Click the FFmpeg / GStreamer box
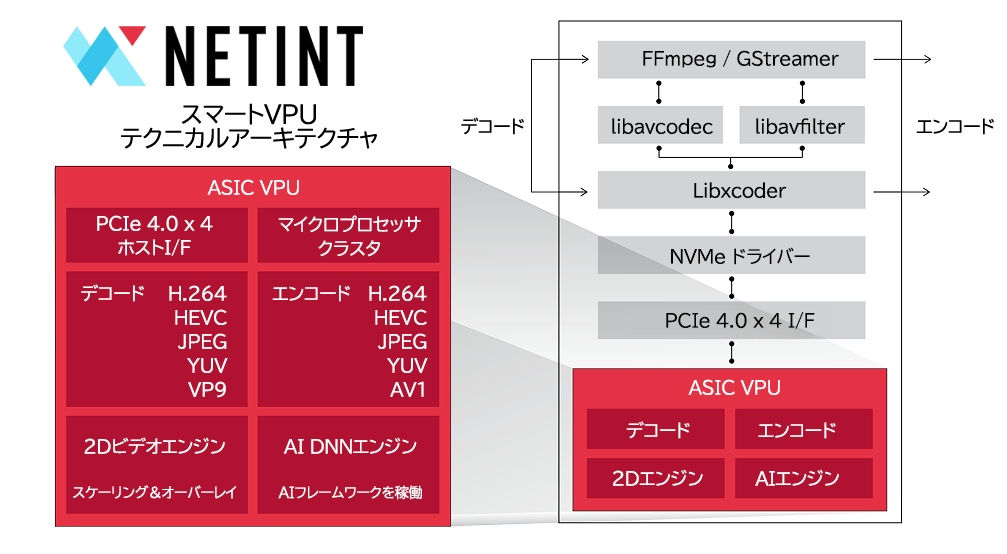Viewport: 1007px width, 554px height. [x=731, y=59]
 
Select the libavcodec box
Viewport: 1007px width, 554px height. [x=661, y=126]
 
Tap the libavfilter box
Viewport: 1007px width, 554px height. [x=800, y=126]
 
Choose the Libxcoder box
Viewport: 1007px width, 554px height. [x=731, y=190]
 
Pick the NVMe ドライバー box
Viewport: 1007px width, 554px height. [x=731, y=256]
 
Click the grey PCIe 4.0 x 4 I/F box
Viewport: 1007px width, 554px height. [x=731, y=321]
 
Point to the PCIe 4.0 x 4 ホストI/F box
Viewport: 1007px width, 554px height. [x=155, y=235]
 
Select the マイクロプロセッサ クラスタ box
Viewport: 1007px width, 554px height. [x=348, y=235]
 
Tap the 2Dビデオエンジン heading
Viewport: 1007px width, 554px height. [x=155, y=447]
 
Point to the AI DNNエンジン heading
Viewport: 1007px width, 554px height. [x=348, y=447]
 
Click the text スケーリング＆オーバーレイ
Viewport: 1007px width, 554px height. [x=155, y=492]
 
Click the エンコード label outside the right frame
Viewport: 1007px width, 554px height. [x=955, y=127]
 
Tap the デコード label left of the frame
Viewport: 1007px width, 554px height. [x=492, y=127]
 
